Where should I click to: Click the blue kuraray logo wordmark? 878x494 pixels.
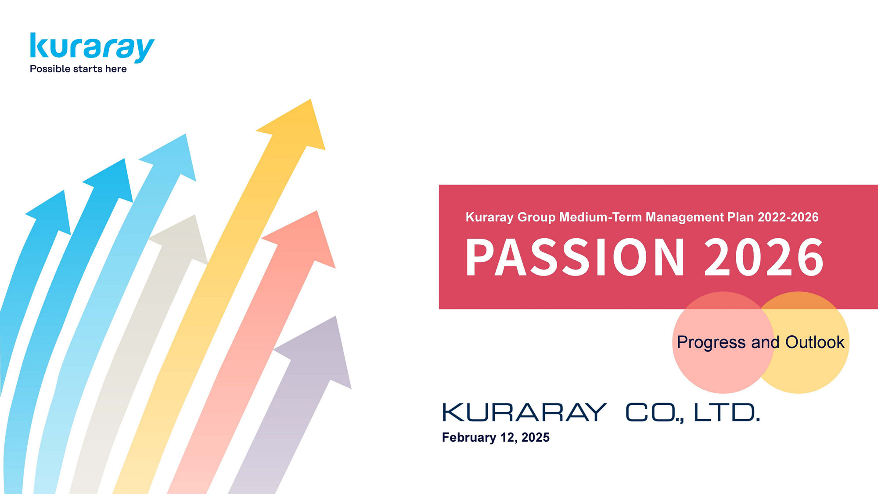point(92,47)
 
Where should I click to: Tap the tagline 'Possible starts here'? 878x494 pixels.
point(78,69)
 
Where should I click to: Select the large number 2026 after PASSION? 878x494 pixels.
point(764,258)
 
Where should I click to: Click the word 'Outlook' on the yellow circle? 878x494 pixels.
point(815,342)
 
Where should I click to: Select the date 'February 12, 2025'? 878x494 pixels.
point(496,438)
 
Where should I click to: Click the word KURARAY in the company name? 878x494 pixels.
point(525,413)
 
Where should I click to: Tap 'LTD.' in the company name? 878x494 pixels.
point(727,413)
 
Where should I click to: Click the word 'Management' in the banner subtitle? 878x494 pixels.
point(685,218)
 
